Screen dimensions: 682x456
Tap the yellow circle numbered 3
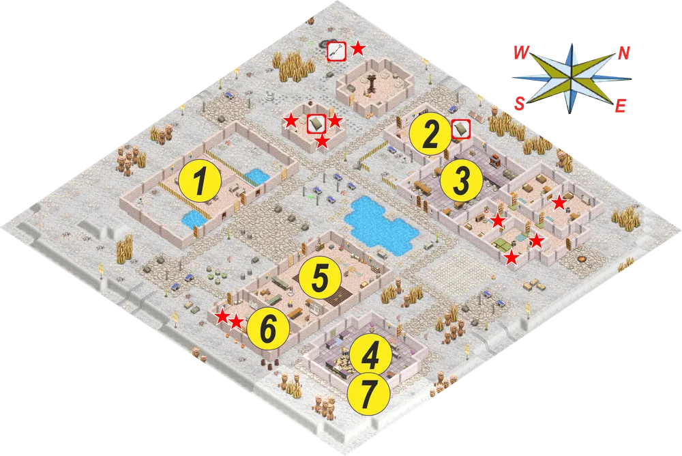point(462,180)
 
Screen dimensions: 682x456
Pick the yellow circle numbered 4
point(370,355)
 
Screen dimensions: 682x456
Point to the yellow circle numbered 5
point(320,277)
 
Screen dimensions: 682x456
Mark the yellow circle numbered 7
point(368,394)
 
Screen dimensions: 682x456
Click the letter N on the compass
point(624,53)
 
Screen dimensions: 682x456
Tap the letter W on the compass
point(520,53)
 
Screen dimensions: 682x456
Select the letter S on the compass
point(520,104)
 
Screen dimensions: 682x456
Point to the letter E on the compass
point(621,106)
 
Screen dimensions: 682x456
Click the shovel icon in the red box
point(337,52)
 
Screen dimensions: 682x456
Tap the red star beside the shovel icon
point(358,48)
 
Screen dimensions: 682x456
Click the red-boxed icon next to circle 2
point(460,129)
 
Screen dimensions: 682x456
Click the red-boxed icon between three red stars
point(316,124)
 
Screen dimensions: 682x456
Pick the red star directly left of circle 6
point(236,322)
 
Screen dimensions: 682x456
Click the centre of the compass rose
point(571,79)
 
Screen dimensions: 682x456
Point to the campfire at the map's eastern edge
point(580,260)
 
